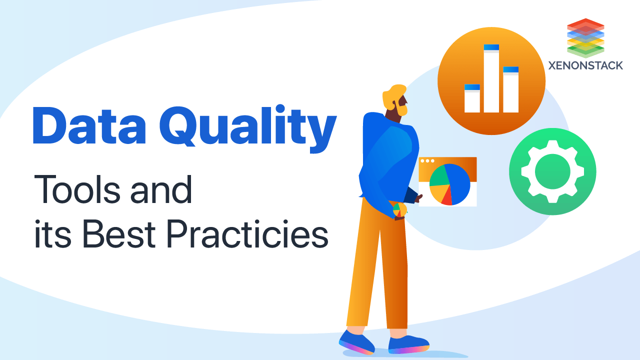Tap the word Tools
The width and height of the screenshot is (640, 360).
[x=82, y=190]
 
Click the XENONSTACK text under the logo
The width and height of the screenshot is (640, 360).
[x=585, y=65]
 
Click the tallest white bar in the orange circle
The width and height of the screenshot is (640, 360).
[x=491, y=80]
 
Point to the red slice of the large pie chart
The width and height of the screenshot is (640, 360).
[x=446, y=197]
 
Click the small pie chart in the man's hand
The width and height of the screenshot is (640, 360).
[x=399, y=209]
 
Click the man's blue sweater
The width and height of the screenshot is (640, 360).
[x=387, y=155]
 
